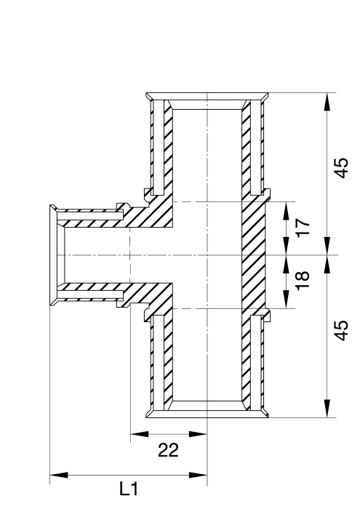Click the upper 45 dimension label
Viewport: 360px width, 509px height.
[341, 168]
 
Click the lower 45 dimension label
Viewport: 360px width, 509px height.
[341, 330]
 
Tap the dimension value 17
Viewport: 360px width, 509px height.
[303, 228]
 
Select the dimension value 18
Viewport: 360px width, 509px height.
[303, 281]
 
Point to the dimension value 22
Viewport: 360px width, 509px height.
[168, 451]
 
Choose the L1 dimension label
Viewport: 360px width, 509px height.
[129, 489]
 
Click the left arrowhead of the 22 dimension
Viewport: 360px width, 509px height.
[140, 434]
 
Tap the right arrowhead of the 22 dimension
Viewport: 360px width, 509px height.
[198, 434]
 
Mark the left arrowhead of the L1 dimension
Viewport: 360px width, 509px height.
[59, 476]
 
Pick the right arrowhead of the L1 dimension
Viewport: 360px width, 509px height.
[198, 476]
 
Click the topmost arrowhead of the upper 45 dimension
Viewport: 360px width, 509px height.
[327, 102]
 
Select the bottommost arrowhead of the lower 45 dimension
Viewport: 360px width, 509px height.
[327, 409]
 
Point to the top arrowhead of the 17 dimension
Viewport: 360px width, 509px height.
[287, 211]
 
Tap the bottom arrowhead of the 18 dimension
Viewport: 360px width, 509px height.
[287, 300]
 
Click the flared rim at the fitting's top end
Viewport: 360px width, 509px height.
[207, 97]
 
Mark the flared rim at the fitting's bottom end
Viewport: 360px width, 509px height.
[207, 414]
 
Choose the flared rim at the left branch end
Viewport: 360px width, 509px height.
[53, 255]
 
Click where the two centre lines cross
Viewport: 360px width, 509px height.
[207, 255]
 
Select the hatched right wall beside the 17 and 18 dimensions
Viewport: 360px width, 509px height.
[254, 255]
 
